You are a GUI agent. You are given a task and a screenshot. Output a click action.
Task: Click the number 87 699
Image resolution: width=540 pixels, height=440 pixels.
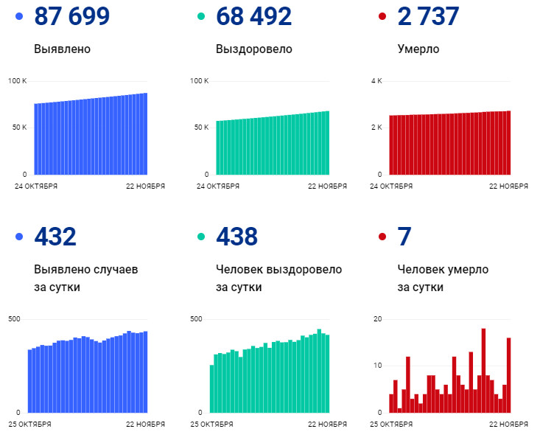tap(72, 16)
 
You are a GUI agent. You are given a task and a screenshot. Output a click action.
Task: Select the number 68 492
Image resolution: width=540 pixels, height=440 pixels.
tap(253, 16)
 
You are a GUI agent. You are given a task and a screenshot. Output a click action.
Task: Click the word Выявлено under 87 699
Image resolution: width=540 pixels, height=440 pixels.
tap(63, 49)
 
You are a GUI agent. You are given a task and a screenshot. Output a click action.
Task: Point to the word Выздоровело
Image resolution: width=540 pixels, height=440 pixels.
tap(254, 49)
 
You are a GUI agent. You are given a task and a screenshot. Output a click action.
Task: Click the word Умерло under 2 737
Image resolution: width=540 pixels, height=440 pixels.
tap(418, 49)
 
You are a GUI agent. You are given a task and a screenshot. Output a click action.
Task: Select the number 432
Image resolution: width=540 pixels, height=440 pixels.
tap(55, 237)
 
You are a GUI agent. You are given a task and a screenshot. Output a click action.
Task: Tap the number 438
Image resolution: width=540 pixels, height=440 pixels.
tap(236, 237)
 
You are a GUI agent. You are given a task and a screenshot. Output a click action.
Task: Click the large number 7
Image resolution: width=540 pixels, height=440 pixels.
tap(404, 237)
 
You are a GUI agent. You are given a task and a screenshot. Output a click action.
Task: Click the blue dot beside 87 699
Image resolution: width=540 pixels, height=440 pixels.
tap(19, 16)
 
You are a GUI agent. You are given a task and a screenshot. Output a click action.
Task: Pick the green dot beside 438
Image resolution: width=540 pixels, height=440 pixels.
tap(200, 237)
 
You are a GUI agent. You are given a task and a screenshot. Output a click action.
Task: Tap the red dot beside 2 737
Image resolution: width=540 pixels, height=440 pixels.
tap(382, 16)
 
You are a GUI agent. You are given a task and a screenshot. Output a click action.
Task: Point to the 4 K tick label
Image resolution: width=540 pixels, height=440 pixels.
tap(376, 80)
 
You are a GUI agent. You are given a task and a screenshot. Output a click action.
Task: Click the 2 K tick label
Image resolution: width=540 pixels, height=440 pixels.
tap(376, 128)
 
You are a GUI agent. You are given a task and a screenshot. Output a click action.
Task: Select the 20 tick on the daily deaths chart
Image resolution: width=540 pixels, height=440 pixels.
tap(377, 318)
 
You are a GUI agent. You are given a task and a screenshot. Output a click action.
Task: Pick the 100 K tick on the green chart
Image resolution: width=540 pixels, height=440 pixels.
tap(200, 80)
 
